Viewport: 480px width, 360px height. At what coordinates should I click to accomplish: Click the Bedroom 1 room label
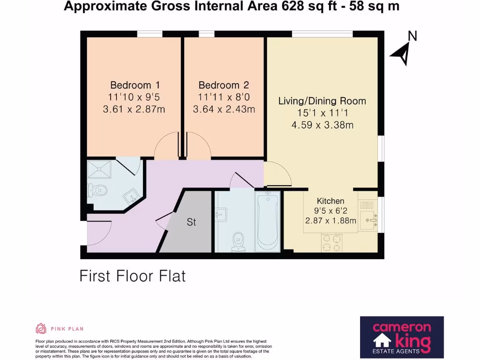(135, 85)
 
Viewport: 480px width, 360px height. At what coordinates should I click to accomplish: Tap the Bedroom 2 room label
(224, 85)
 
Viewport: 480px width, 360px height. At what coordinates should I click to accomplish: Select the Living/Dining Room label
(322, 101)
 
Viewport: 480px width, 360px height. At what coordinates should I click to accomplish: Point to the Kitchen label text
(330, 201)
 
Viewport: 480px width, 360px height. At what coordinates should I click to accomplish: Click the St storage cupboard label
(191, 222)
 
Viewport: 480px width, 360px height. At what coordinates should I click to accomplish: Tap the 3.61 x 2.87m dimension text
(134, 110)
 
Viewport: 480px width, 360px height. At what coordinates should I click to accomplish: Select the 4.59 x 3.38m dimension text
(322, 125)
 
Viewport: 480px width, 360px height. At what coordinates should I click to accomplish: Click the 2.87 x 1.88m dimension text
(330, 221)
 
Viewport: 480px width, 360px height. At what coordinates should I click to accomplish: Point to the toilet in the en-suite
(97, 190)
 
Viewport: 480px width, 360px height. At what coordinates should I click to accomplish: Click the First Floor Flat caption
(133, 276)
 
